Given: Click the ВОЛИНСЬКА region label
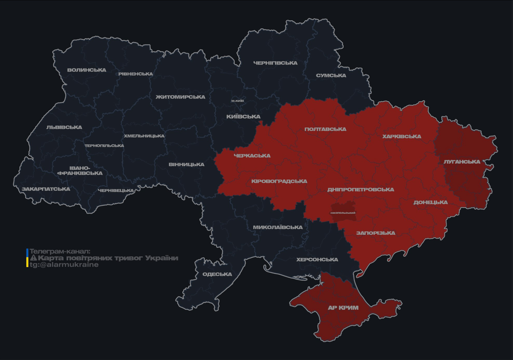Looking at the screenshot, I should pos(87,70).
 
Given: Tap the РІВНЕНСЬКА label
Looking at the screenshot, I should pos(136,74).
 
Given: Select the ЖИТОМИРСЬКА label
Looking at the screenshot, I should pos(181,97).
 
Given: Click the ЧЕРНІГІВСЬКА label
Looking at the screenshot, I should pos(275,63).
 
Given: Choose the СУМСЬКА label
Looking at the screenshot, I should pos(331,75).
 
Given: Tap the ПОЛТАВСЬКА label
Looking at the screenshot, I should pos(325,129).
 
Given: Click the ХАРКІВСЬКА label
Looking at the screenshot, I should pos(401,136).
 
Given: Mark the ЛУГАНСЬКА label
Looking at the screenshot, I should pos(462,162).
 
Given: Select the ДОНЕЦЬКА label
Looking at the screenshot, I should pos(430,202).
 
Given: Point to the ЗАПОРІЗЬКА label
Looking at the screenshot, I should pos(376,233).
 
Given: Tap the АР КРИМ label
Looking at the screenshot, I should pos(343,308).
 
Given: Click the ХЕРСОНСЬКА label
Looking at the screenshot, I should pos(317,260).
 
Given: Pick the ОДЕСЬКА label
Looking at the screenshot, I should pos(217,274).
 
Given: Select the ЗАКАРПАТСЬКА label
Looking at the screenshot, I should pos(45,189).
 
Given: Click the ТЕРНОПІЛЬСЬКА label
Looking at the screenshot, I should pos(104,146).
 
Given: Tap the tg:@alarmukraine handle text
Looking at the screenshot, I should pos(64,265).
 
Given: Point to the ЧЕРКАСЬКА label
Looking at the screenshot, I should pos(252,156).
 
